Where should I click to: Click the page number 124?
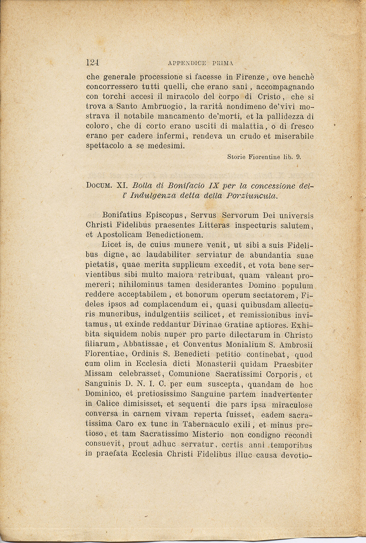point(92,63)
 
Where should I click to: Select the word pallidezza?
point(279,117)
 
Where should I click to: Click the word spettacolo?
point(105,146)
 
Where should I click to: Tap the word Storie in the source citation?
point(236,157)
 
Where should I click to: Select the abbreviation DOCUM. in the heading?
point(99,186)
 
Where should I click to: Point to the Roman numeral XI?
point(121,186)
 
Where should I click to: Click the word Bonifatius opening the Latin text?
point(121,216)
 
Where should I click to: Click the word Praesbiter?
point(293,364)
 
